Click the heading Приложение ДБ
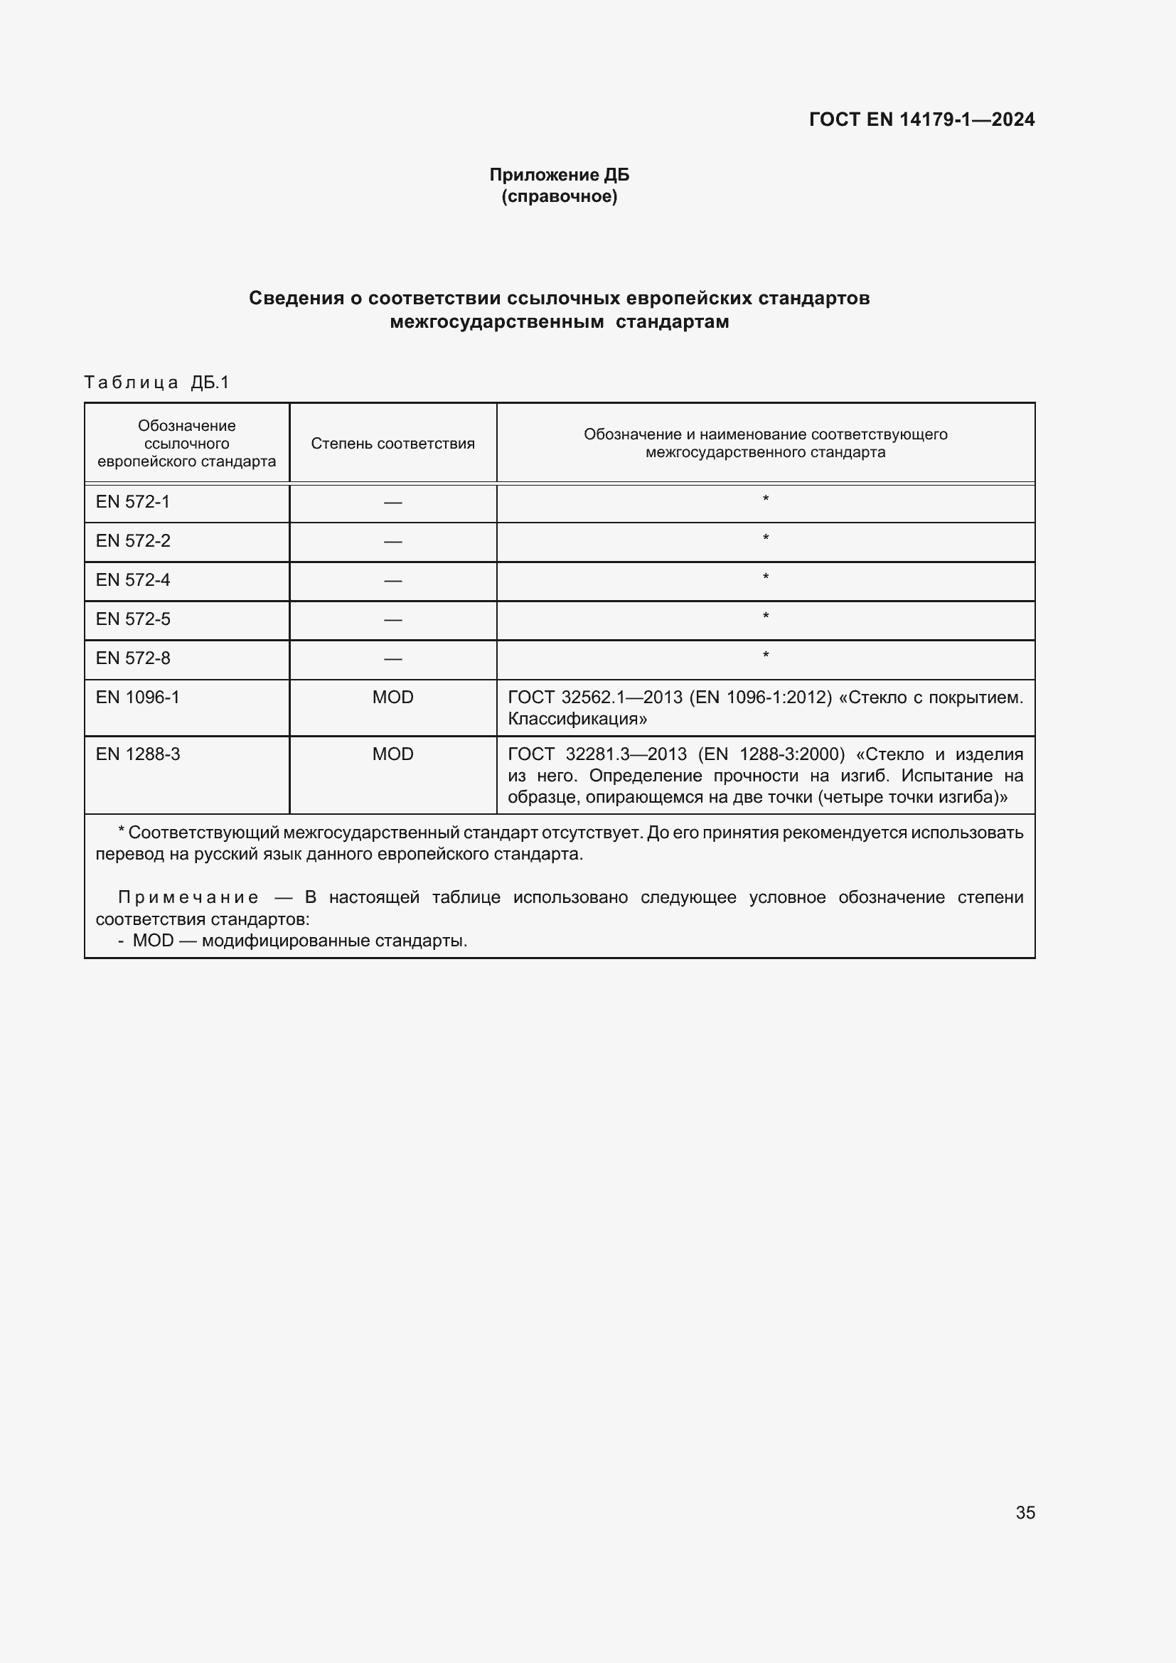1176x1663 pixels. coord(559,175)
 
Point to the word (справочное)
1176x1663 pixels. coord(559,196)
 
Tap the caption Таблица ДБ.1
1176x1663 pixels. coord(156,383)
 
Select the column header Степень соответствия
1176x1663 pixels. coord(392,443)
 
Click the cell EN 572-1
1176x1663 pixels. coord(132,502)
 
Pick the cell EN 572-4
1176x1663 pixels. coord(132,580)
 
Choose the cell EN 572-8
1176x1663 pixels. coord(132,658)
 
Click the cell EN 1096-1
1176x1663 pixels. coord(138,697)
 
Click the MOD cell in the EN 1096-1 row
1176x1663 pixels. coord(392,697)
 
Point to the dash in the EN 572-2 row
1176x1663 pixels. coord(392,542)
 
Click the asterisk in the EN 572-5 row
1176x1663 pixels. coord(766,617)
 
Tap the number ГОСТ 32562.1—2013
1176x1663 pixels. coord(594,697)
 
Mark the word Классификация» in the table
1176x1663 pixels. coord(577,720)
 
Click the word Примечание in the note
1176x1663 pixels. coord(188,898)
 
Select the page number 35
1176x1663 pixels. coord(1025,1513)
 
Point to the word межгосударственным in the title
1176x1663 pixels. coord(497,322)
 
